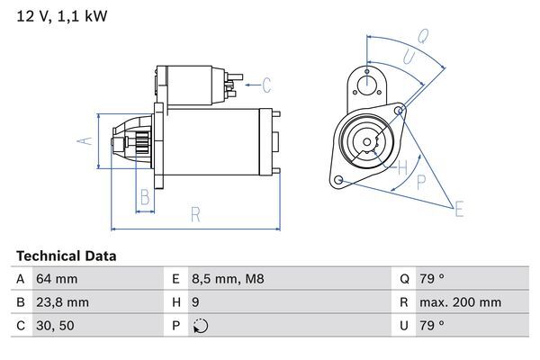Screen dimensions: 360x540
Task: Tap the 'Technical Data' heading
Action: point(66,256)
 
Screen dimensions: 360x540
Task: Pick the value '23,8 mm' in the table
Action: point(62,302)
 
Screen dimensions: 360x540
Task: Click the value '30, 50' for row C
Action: point(56,326)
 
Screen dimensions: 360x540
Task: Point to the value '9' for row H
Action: point(196,302)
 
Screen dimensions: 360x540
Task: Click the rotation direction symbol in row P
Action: point(200,326)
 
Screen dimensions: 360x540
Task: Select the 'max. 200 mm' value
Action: point(463,302)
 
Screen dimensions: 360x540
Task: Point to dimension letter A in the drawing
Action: point(81,140)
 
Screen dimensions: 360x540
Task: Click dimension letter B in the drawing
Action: point(144,197)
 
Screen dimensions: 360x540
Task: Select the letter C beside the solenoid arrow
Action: point(266,86)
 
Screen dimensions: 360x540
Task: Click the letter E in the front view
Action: point(460,211)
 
